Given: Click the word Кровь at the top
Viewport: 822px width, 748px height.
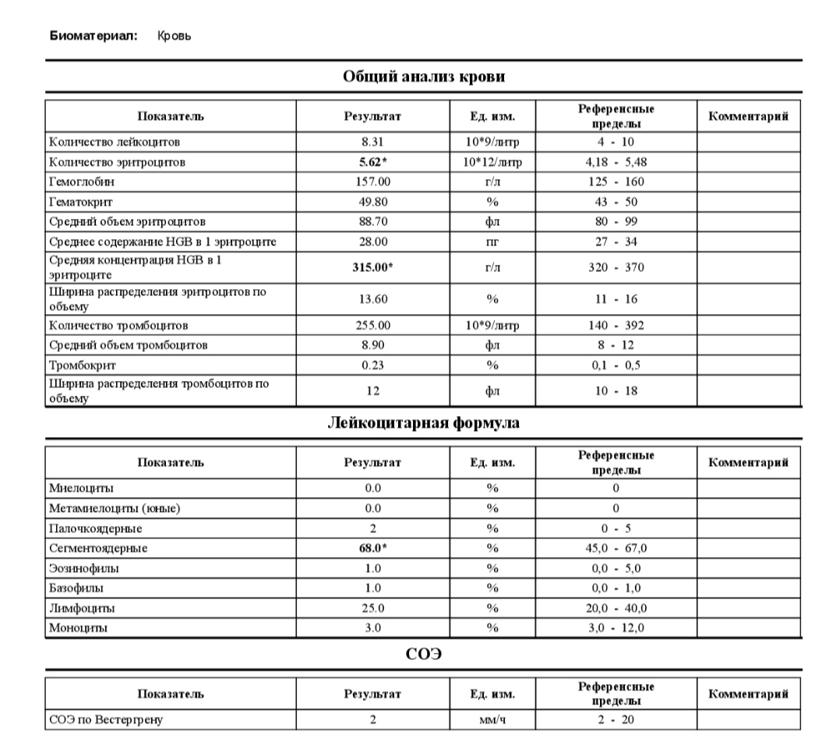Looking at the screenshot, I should click(174, 36).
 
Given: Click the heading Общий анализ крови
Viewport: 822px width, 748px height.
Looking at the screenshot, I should click(423, 76).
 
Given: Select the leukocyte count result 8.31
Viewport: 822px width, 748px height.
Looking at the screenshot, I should click(372, 143).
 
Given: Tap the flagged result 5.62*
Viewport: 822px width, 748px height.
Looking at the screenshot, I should click(372, 162).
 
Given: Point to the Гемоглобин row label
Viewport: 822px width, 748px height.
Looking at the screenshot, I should click(76, 182).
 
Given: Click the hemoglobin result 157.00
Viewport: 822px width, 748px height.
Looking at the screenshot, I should click(372, 182).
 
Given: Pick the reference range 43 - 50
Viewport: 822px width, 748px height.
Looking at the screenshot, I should click(616, 201).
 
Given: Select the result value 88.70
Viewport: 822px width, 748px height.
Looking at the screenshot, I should click(372, 221).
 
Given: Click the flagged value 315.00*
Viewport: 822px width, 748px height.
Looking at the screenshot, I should click(372, 267).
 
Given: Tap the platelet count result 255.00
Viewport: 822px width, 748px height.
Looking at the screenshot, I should click(372, 325).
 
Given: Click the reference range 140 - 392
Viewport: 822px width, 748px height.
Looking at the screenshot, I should click(616, 325).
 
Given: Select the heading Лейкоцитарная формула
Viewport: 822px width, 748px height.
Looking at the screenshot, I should click(423, 423).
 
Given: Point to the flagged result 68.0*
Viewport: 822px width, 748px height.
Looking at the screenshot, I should click(372, 548).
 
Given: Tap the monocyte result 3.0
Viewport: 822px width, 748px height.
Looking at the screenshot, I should click(372, 627).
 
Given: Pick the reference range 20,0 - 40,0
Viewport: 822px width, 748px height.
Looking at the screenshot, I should click(616, 608).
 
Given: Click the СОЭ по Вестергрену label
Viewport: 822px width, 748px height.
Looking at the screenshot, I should click(106, 720).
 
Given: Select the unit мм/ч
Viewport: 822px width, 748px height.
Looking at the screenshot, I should click(492, 720).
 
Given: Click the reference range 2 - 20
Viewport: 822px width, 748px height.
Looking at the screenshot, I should click(616, 720).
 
